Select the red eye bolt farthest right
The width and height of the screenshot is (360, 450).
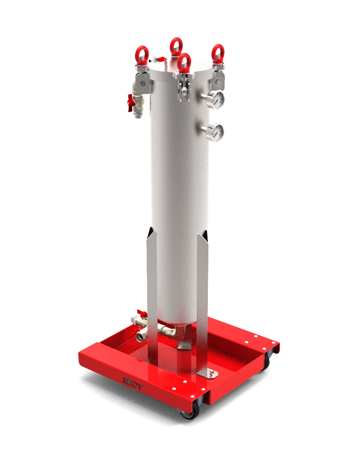click(x=218, y=53)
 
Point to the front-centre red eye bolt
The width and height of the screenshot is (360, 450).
click(x=184, y=63)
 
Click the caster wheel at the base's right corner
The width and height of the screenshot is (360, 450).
click(x=269, y=359)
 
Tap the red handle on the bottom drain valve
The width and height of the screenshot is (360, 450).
click(x=142, y=313)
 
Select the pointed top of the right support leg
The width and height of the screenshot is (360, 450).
click(x=205, y=234)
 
